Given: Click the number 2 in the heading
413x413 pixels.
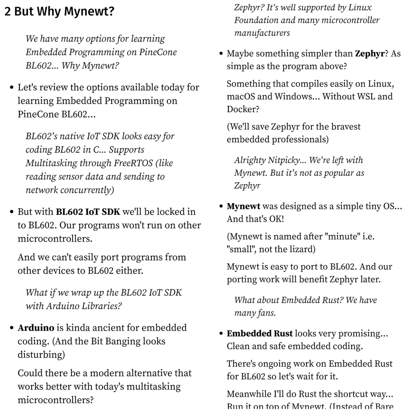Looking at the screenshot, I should coord(8,12).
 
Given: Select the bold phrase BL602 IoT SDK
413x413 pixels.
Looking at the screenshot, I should coord(88,212).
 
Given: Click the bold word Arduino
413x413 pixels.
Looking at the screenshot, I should coord(36,328).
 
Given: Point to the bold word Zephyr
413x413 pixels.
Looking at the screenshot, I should coord(370,54).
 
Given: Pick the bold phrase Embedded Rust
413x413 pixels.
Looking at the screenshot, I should coord(259,333).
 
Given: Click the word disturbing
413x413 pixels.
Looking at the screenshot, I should coord(41,355).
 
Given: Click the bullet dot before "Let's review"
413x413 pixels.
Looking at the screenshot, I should coord(12,87).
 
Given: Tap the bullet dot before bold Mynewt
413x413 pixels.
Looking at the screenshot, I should coord(221,206).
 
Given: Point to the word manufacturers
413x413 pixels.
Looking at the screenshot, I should coord(262,33).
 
